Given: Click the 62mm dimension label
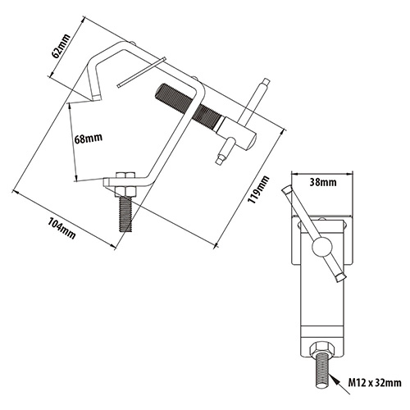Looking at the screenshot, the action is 61,46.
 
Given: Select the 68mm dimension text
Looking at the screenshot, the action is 89,139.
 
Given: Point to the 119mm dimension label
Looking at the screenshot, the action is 258,189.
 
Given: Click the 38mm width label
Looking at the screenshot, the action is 323,182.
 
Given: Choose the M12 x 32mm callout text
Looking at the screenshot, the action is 375,382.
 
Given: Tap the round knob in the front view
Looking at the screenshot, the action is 322,248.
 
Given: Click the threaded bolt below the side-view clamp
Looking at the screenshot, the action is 125,214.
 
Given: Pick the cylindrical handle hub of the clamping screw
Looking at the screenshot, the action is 236,132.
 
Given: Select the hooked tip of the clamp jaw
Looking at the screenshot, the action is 96,98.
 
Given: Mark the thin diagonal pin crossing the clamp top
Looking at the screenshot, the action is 142,72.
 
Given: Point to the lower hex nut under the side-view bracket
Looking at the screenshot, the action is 125,192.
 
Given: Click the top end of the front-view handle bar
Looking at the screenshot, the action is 287,189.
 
